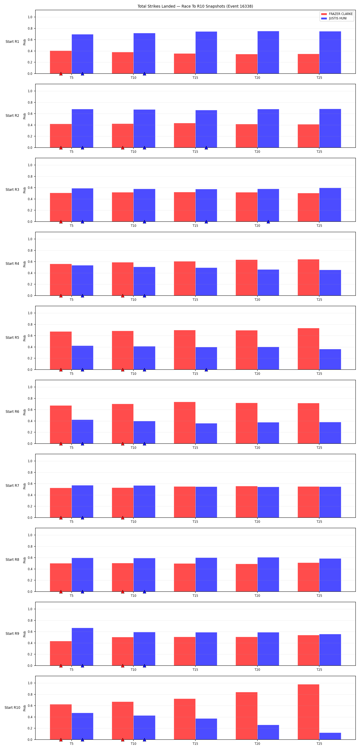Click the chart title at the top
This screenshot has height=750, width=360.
click(195, 6)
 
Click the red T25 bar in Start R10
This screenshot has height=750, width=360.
click(308, 712)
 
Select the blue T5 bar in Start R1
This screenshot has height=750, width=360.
click(82, 54)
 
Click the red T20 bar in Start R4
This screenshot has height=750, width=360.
click(246, 277)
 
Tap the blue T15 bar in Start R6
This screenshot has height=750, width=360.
click(206, 433)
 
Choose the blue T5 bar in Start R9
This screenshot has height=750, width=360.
click(82, 647)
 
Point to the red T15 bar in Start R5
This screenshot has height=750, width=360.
click(185, 350)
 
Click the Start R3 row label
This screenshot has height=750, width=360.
click(12, 190)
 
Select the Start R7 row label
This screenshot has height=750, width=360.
click(12, 485)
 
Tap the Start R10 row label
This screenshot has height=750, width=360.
click(12, 707)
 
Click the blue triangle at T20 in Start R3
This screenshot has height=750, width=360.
click(268, 222)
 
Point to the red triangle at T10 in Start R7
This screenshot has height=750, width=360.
click(123, 518)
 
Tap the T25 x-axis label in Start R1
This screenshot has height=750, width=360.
click(319, 78)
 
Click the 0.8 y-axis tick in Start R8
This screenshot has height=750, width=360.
click(30, 546)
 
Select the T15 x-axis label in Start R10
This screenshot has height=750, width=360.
click(195, 744)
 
